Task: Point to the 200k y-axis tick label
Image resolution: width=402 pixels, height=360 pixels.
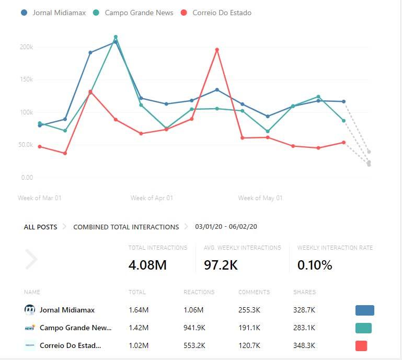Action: [x=26, y=47]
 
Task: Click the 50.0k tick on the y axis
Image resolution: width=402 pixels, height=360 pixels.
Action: [x=25, y=145]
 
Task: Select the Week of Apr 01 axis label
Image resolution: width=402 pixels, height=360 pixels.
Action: [x=152, y=198]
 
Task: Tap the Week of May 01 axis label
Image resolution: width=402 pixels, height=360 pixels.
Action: [x=260, y=198]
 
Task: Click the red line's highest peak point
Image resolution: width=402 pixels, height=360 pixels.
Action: [x=217, y=50]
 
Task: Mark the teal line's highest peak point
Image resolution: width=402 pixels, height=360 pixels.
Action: [x=116, y=37]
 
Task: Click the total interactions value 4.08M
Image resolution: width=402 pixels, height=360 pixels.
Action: [x=147, y=265]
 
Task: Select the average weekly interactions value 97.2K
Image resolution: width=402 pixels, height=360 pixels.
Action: [x=221, y=265]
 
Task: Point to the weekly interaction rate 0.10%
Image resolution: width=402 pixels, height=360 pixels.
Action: [x=315, y=265]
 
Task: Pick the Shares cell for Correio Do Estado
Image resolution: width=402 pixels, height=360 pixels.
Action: [x=304, y=345]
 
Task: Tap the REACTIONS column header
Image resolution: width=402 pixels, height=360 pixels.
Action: [x=199, y=292]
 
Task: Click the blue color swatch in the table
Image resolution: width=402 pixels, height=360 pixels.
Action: [x=364, y=310]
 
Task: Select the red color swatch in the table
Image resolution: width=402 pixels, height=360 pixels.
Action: [x=361, y=346]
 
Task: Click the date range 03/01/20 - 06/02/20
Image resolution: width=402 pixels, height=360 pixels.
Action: [x=226, y=227]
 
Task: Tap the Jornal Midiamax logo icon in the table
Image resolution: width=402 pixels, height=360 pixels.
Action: [x=30, y=310]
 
